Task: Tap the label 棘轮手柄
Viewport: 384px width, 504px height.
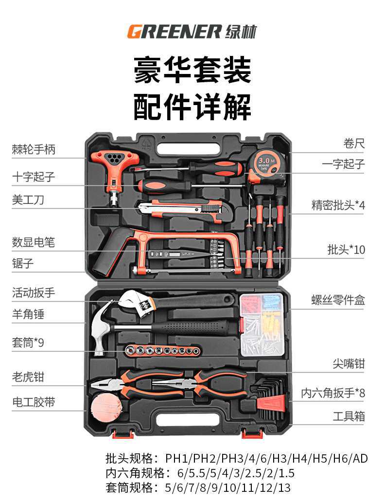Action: (34, 149)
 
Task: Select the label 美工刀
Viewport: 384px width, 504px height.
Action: (28, 199)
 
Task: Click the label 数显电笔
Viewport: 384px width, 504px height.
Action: (34, 242)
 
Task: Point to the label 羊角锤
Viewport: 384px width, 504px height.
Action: (28, 314)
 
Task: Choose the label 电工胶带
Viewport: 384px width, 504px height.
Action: (34, 402)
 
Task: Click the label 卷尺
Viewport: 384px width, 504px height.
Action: (353, 144)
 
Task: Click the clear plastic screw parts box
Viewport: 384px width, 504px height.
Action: (262, 324)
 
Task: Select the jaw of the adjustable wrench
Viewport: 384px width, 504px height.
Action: (134, 305)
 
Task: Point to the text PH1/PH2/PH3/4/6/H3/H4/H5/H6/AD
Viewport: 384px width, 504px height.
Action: (266, 458)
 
